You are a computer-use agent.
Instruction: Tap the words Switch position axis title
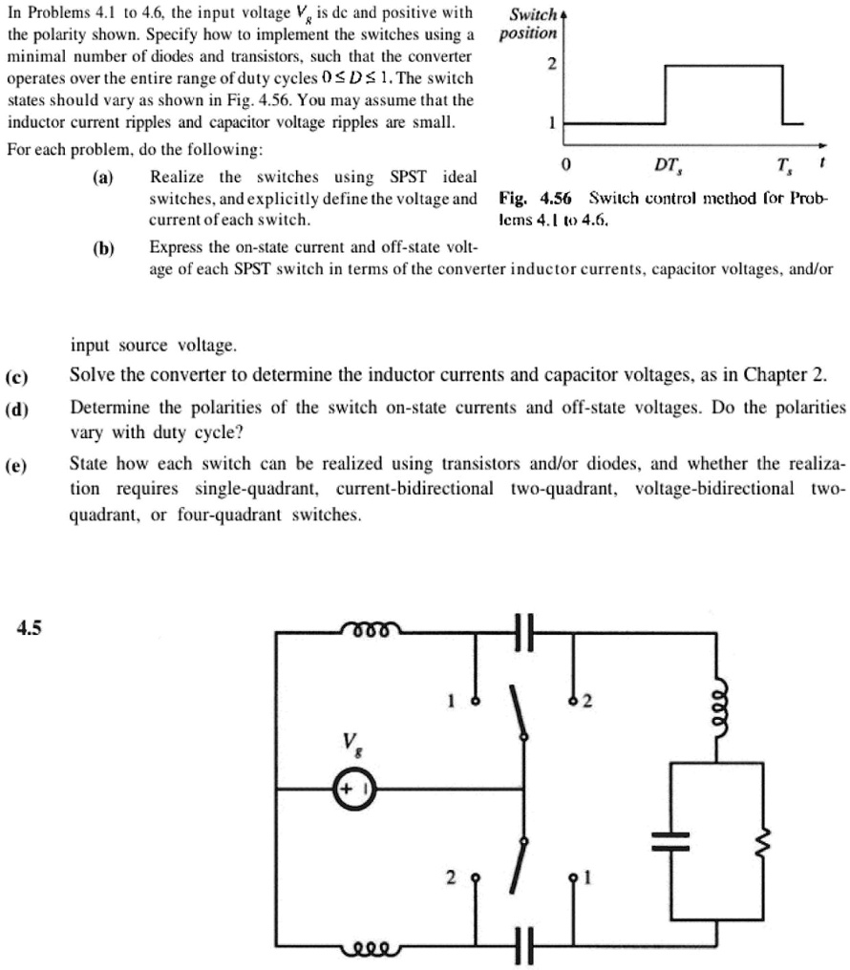coord(533,24)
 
